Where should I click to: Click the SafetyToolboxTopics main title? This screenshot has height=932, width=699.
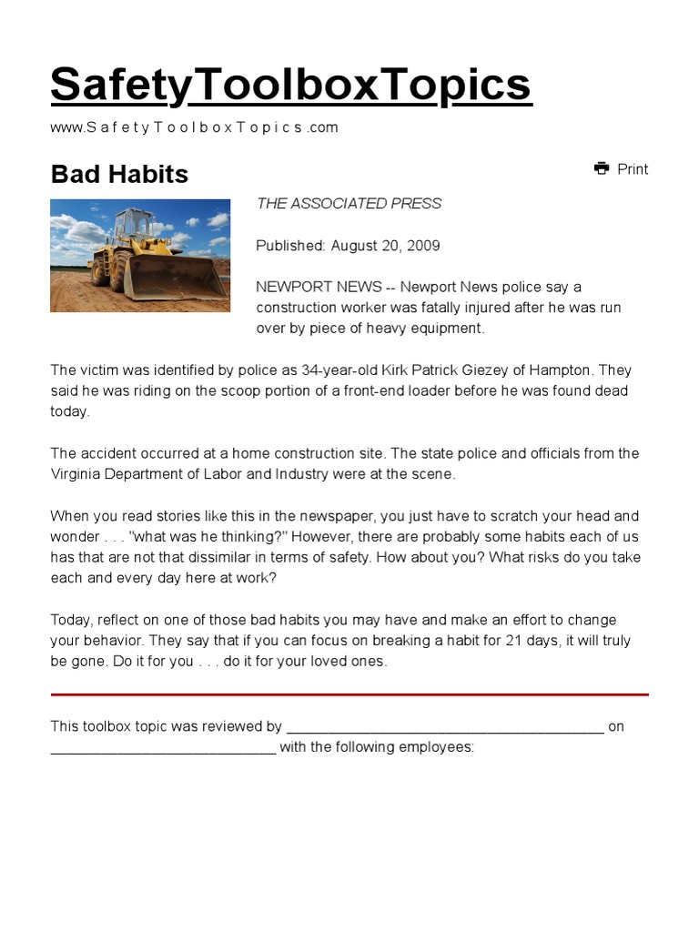tap(290, 86)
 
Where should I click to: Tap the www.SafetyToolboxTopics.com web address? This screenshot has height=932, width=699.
tap(194, 127)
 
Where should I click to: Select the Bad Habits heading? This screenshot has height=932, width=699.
tap(119, 174)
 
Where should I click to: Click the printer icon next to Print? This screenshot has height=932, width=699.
tap(602, 168)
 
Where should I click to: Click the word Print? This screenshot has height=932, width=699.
tap(633, 169)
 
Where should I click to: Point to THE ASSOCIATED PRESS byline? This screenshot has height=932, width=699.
tap(349, 204)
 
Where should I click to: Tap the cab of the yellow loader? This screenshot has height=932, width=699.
tap(132, 225)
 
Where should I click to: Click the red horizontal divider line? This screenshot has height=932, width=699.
tap(349, 694)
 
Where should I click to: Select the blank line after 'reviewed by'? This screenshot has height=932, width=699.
tap(444, 727)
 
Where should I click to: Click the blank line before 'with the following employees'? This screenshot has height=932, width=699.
tap(163, 748)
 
